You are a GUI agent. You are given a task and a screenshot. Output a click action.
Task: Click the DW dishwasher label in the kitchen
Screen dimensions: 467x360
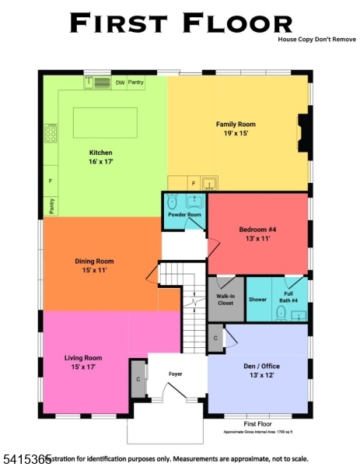pyautogui.click(x=120, y=82)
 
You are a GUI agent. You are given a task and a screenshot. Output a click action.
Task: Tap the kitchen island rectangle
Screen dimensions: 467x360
pyautogui.click(x=106, y=123)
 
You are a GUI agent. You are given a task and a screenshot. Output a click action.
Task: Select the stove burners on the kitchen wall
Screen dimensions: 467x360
pyautogui.click(x=51, y=133)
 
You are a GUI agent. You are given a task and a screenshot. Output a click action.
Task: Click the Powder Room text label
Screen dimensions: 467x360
pyautogui.click(x=185, y=215)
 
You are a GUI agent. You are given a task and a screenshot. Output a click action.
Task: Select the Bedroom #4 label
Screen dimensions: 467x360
pyautogui.click(x=260, y=234)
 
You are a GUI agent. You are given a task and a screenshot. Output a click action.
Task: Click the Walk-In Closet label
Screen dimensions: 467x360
pyautogui.click(x=225, y=300)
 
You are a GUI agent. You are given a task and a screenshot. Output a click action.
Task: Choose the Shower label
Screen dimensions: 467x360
pyautogui.click(x=257, y=300)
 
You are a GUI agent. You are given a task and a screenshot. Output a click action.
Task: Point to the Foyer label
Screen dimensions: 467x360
pyautogui.click(x=176, y=374)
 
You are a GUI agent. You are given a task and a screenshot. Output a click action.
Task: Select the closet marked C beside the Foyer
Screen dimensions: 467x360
pyautogui.click(x=138, y=379)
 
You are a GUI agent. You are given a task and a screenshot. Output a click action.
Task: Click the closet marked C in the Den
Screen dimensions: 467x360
pyautogui.click(x=215, y=338)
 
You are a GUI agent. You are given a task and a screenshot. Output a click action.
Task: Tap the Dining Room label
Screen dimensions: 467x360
pyautogui.click(x=94, y=265)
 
